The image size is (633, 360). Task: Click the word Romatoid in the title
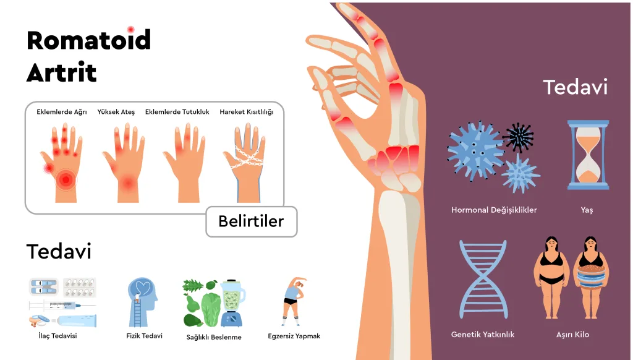coord(88,41)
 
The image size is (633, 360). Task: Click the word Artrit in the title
coord(61,73)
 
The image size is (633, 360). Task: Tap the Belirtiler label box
coord(251,221)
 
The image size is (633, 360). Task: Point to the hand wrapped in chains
coord(247,161)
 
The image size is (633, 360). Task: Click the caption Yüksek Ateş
coord(116,112)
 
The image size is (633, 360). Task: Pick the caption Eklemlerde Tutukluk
coord(177,112)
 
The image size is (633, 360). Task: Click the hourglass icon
coord(588,155)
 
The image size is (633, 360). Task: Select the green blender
coord(231,302)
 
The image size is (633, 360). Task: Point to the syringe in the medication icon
coord(62,306)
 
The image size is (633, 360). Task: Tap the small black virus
coord(518,137)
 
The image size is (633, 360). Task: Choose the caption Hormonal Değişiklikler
coord(494,210)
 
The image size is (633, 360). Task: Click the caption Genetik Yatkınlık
coord(483,335)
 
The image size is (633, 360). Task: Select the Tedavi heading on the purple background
coord(575,87)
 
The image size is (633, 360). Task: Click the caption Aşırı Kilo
coord(572,335)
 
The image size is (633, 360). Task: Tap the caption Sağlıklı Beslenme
coord(214,337)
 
